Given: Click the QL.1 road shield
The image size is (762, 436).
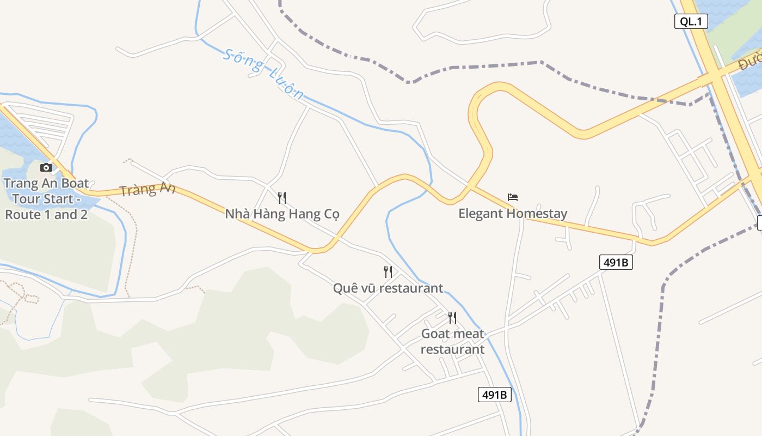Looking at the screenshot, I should pos(692,21).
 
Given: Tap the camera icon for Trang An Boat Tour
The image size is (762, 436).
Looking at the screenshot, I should pos(46,167).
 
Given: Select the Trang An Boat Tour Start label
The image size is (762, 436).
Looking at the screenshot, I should pos(46,198).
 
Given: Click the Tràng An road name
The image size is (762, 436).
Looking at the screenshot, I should pos(148,190).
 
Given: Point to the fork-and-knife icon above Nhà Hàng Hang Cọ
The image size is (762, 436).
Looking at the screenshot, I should pos(282,197).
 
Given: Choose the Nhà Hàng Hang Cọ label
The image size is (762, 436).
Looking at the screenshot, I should pos(282,214).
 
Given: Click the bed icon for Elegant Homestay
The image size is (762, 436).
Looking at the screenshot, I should pos(513,197).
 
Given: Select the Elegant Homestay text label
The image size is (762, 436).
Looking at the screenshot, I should pos(513,214).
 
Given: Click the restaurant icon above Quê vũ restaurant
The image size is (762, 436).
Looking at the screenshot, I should pos(388,271).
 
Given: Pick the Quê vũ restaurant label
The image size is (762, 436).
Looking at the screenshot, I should pos(388,288).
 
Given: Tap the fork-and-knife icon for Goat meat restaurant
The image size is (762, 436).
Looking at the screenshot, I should pos(452,317).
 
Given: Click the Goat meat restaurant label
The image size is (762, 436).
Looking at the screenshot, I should pos(452,341).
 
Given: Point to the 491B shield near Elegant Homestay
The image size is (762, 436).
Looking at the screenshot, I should pos(616,262).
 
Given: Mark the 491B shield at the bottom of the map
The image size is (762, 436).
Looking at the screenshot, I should pos(495,395).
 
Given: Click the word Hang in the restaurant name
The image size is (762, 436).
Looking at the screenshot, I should pos(300,214).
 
